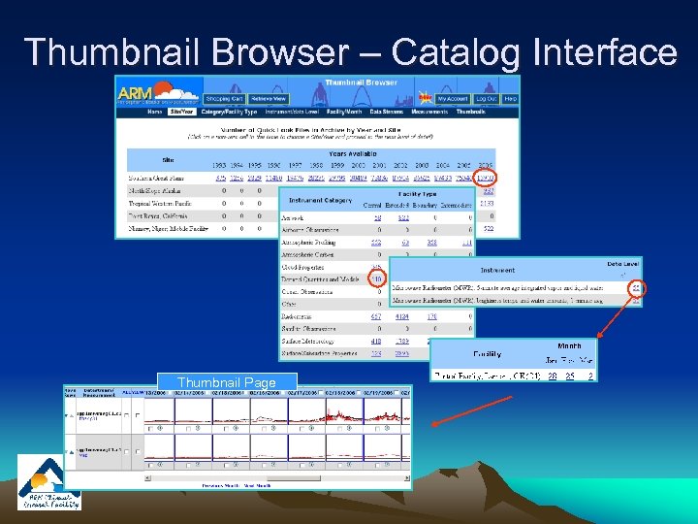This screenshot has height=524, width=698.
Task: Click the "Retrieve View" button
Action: [268, 99]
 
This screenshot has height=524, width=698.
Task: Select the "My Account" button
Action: [452, 99]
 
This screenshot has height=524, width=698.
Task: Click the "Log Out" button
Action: [486, 99]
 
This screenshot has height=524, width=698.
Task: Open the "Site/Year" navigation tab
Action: [180, 112]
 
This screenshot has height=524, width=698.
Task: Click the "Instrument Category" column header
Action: [317, 200]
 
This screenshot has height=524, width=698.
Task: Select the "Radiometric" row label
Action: [301, 315]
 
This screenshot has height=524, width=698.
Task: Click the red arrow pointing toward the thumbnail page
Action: [465, 408]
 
